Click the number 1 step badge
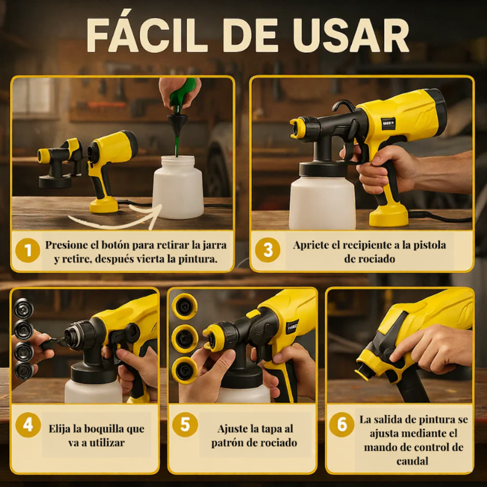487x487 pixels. tap(28, 250)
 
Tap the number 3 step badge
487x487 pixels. tap(267, 250)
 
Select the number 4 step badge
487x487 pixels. tap(28, 425)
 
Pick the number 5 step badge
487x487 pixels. tap(185, 425)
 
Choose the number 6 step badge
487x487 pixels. tap(341, 425)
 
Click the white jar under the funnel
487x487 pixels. tap(178, 188)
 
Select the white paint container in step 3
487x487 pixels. tap(322, 202)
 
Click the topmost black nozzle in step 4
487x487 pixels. tap(23, 308)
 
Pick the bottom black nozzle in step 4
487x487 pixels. tap(23, 370)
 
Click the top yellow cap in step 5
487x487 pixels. tap(185, 307)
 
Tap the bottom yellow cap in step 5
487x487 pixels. tap(185, 370)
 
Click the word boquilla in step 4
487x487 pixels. tap(97, 429)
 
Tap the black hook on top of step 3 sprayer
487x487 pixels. tap(343, 106)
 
